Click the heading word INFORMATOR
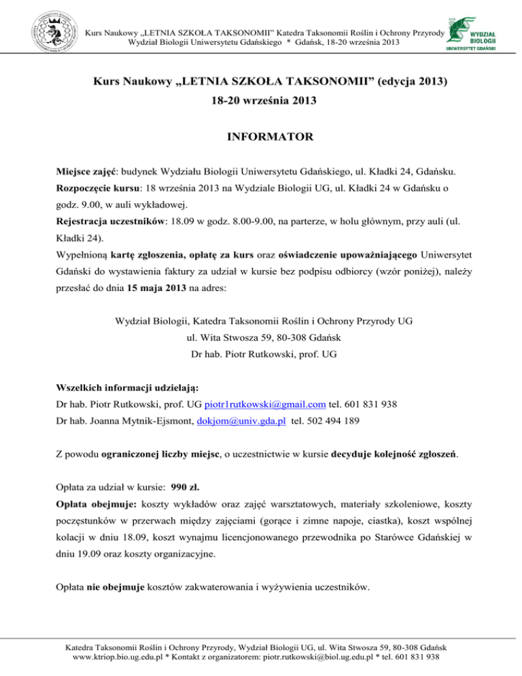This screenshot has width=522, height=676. point(261,137)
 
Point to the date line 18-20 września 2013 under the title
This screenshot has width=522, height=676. point(260,107)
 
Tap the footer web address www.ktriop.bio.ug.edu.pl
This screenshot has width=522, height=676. point(123,658)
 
